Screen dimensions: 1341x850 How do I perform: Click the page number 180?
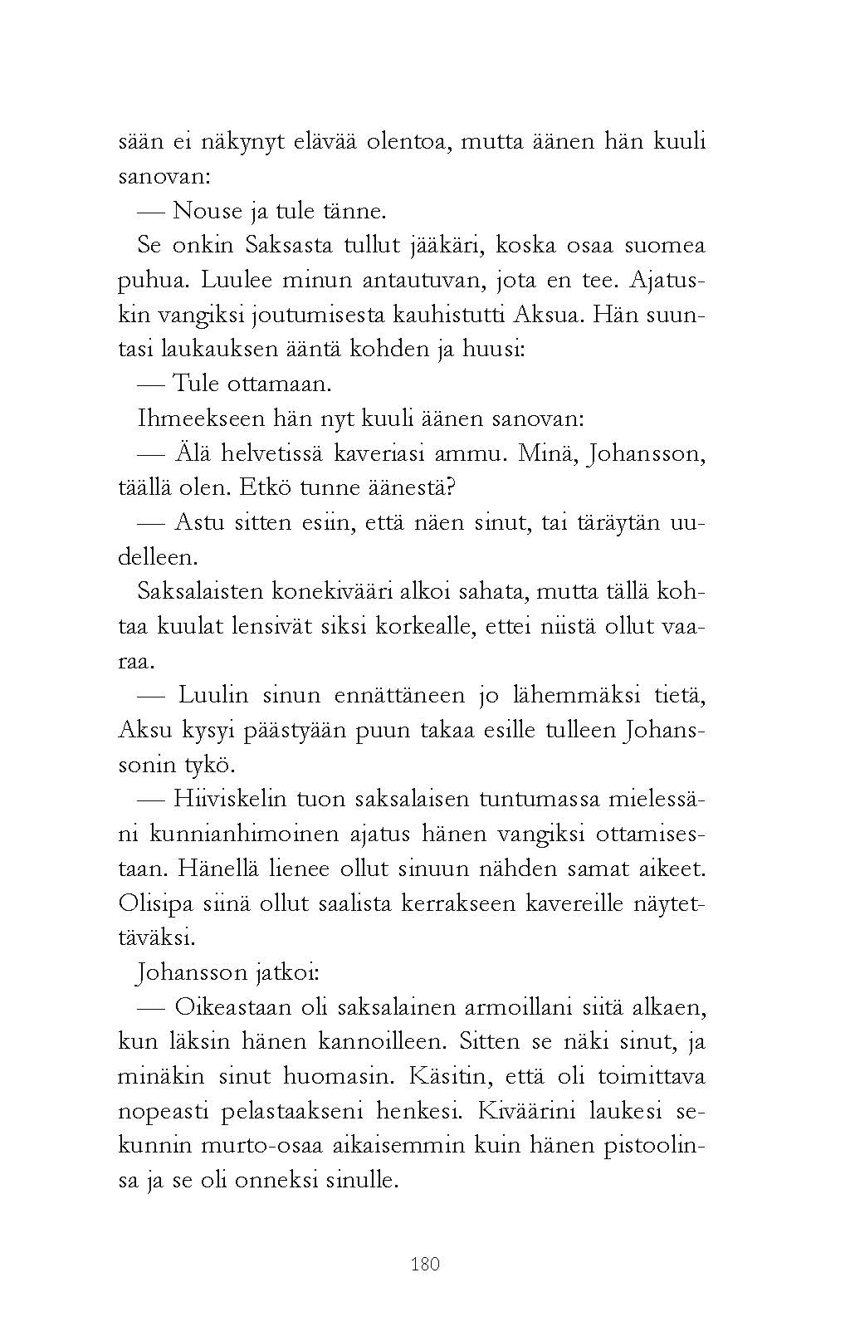click(425, 1264)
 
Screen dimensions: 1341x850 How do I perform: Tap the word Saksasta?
click(291, 245)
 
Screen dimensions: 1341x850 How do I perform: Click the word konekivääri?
click(325, 592)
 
